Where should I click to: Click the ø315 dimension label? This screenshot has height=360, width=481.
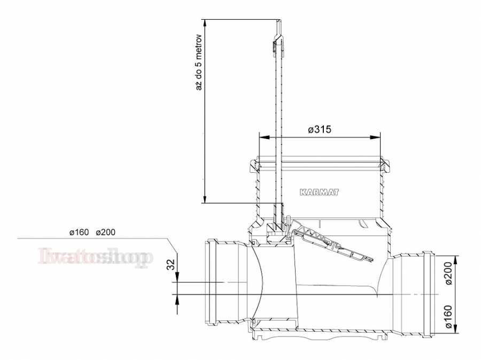pyautogui.click(x=320, y=129)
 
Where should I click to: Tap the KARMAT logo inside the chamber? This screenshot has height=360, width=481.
pyautogui.click(x=320, y=193)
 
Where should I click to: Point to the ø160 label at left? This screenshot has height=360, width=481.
pyautogui.click(x=79, y=232)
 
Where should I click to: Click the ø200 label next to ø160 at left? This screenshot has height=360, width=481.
pyautogui.click(x=105, y=232)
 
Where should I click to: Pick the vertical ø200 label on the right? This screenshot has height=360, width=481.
pyautogui.click(x=448, y=273)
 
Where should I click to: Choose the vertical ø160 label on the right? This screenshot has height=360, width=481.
pyautogui.click(x=448, y=317)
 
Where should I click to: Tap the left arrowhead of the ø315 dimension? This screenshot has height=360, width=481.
pyautogui.click(x=264, y=137)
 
